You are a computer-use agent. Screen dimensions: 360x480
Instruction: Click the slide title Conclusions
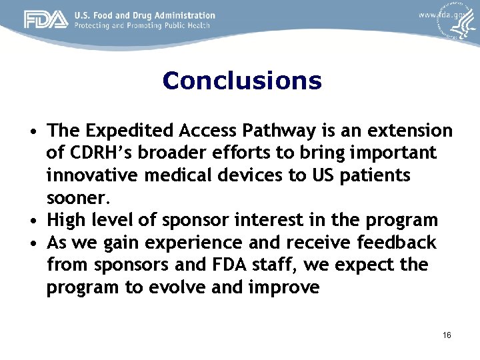click(x=241, y=81)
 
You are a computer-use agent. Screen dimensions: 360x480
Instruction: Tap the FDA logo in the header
click(x=46, y=20)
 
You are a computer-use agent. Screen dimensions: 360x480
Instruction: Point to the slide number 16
click(x=446, y=335)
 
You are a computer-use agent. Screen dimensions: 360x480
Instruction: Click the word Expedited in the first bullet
click(x=125, y=131)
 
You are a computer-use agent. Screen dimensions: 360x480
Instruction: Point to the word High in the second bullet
click(x=67, y=220)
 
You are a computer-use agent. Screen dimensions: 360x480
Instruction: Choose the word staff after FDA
click(x=275, y=265)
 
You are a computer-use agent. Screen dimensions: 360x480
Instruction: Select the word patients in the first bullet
click(x=384, y=176)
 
